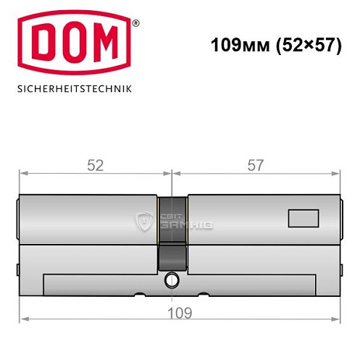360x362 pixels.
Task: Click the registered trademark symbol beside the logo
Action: [135, 23]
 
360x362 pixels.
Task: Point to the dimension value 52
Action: [95, 165]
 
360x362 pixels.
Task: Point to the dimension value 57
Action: [256, 165]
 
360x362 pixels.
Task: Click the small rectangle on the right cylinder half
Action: [303, 217]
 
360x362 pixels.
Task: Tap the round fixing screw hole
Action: [172, 280]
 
